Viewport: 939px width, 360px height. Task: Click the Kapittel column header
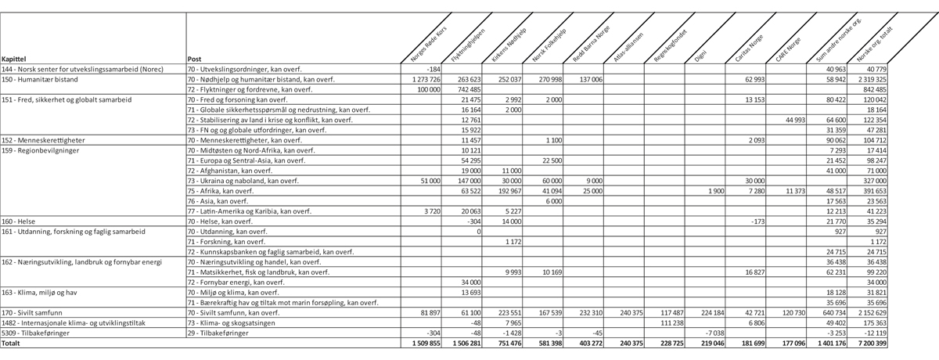coord(16,59)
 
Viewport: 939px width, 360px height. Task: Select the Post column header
coord(196,59)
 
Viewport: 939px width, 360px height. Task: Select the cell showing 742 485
coord(468,89)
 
